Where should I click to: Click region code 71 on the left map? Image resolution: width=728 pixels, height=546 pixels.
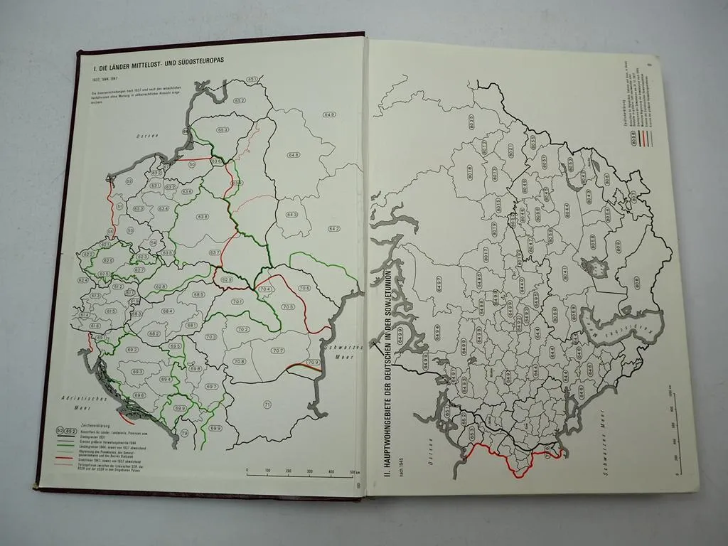tap(267, 405)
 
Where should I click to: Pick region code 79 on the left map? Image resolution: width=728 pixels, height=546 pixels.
tap(185, 433)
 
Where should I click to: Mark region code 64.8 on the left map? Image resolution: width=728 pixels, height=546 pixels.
tap(293, 155)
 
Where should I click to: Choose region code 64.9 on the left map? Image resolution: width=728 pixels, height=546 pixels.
tap(329, 114)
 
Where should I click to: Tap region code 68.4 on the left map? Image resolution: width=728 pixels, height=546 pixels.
tap(168, 311)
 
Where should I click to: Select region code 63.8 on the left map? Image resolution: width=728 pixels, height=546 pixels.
tap(203, 215)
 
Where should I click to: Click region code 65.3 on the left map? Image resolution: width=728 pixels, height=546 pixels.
tap(223, 130)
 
